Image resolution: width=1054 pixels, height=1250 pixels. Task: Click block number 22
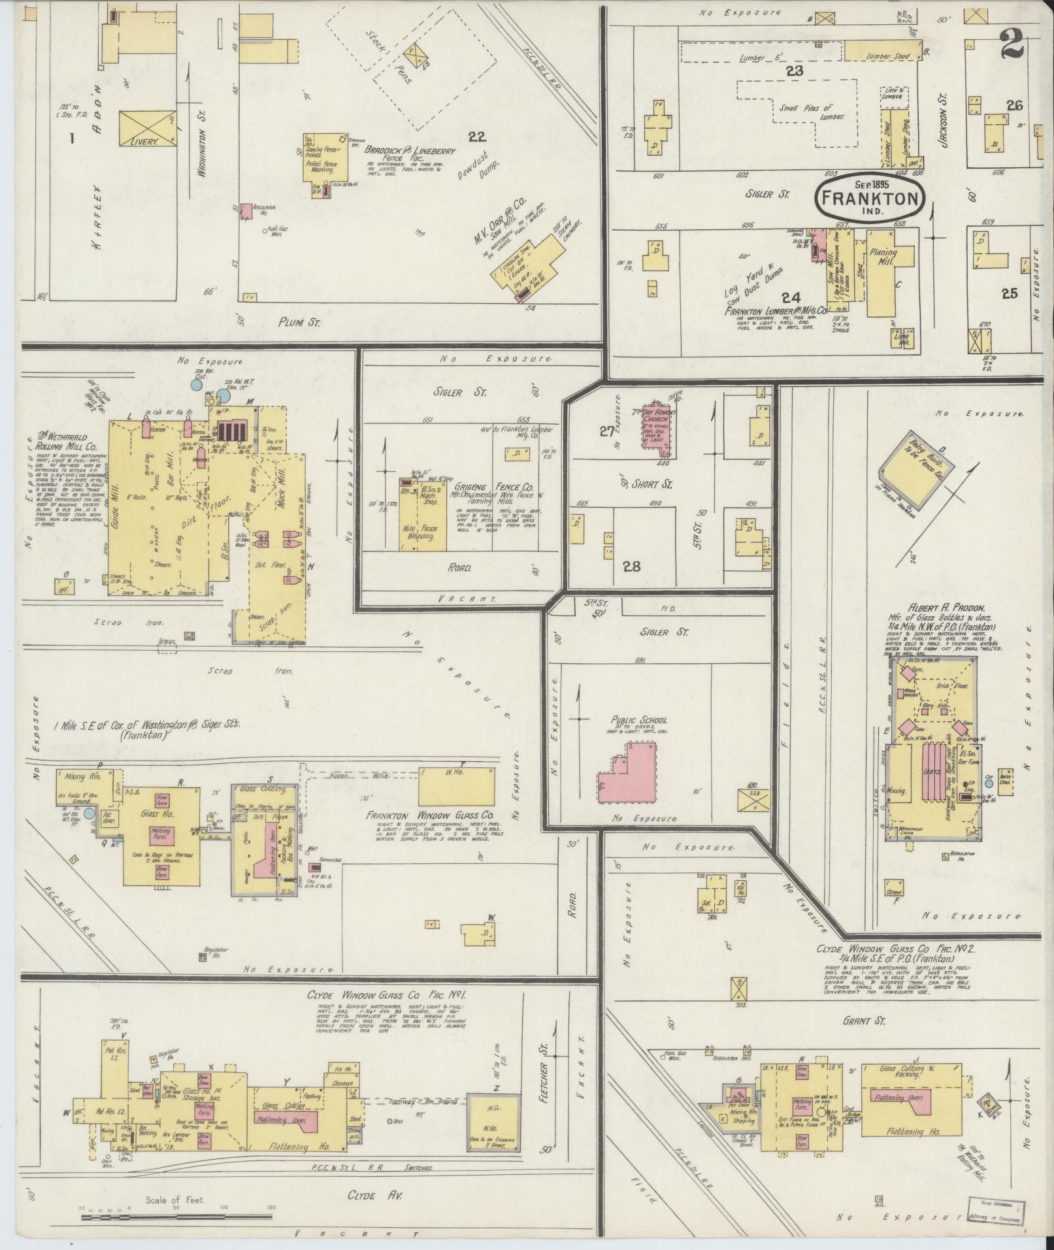coord(478,136)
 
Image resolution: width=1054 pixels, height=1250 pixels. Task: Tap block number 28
coord(631,567)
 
